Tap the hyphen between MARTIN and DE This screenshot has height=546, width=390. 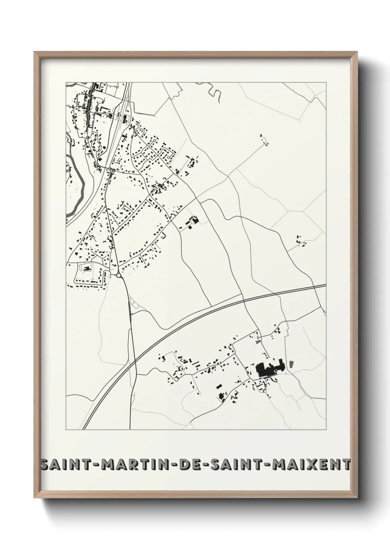pos(174,465)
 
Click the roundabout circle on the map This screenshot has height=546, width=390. pos(119,275)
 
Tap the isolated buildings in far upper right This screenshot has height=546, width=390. pos(263,137)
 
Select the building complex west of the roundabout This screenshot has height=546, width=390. pos(87,268)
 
